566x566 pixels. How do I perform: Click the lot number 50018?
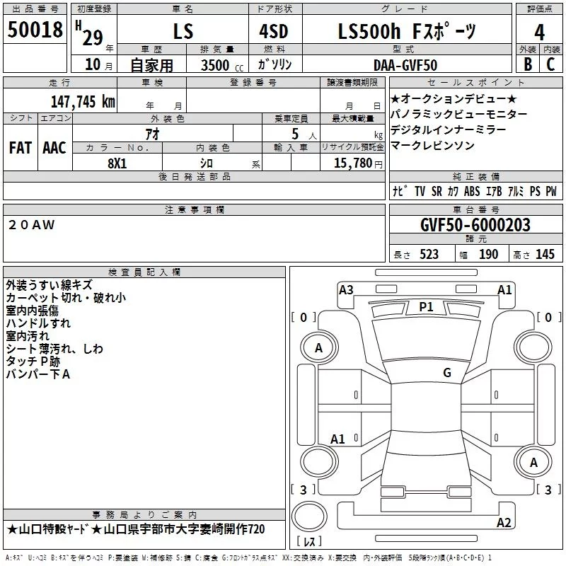tap(35, 30)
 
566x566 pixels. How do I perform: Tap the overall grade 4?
tap(539, 33)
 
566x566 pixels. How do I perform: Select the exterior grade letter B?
tap(528, 64)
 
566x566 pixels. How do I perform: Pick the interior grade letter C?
tap(550, 64)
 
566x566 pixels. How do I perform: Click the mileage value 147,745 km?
tap(83, 102)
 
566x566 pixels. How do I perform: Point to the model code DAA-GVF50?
tap(405, 65)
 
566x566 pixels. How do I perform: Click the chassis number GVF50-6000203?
tap(475, 225)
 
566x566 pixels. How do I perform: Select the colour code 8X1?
tap(117, 163)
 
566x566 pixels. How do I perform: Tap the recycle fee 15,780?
tap(353, 163)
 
